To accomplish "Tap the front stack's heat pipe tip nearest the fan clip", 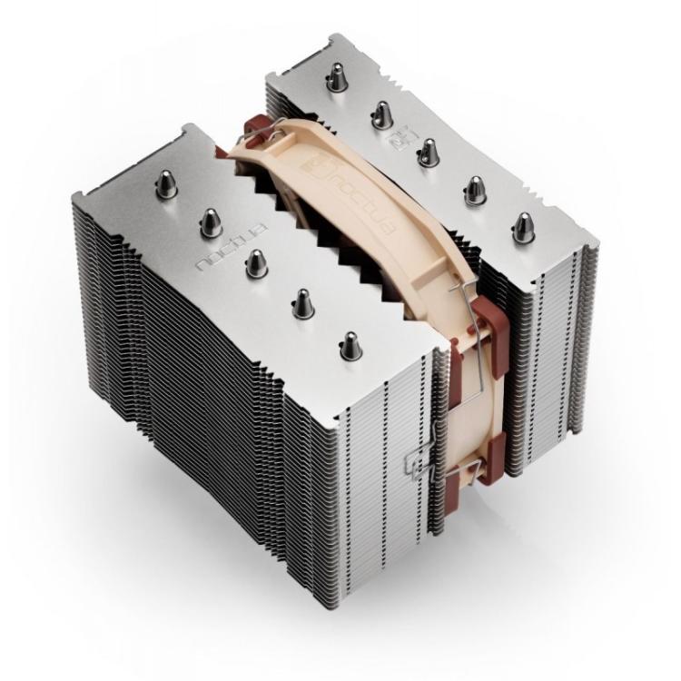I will [x=349, y=345].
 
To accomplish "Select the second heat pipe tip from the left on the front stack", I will [x=211, y=221].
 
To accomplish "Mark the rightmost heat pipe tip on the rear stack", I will [x=523, y=226].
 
